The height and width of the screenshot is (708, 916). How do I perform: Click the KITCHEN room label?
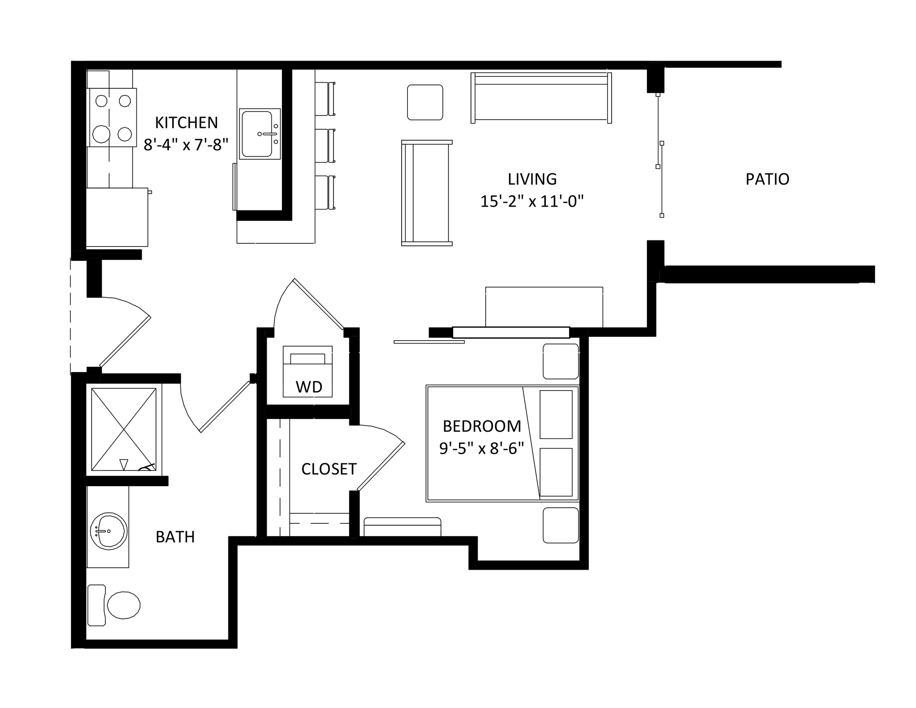coord(186,123)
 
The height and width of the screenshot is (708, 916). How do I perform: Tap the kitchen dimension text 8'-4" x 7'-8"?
coord(186,144)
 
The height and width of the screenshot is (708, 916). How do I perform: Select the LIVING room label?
coord(532,179)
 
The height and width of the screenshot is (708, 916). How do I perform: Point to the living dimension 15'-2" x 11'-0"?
coord(532,201)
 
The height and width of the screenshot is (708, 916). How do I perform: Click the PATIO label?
coord(767,179)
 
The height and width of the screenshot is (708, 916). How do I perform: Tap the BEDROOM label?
coord(482,426)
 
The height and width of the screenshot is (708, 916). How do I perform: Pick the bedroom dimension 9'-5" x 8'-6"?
coord(482,448)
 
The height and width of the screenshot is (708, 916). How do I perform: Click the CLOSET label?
coord(329,469)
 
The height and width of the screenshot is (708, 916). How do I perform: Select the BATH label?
coord(175,537)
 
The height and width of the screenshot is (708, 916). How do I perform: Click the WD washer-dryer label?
coord(309,387)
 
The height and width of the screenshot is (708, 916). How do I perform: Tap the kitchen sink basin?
coord(257,134)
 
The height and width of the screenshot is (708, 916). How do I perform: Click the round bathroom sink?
coord(109,531)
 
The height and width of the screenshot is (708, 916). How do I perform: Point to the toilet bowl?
coord(123,605)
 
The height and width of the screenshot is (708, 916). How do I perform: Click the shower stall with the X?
coord(124,429)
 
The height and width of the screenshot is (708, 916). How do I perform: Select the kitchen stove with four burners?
coord(112,117)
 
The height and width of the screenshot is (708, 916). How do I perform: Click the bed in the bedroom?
coord(502,444)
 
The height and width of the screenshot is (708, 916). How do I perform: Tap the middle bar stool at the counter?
coord(325,145)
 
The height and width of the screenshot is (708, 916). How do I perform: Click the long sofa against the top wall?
coord(541,98)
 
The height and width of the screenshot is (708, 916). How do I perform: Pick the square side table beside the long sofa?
coord(425,102)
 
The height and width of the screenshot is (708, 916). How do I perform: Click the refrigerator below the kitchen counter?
coord(117,218)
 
